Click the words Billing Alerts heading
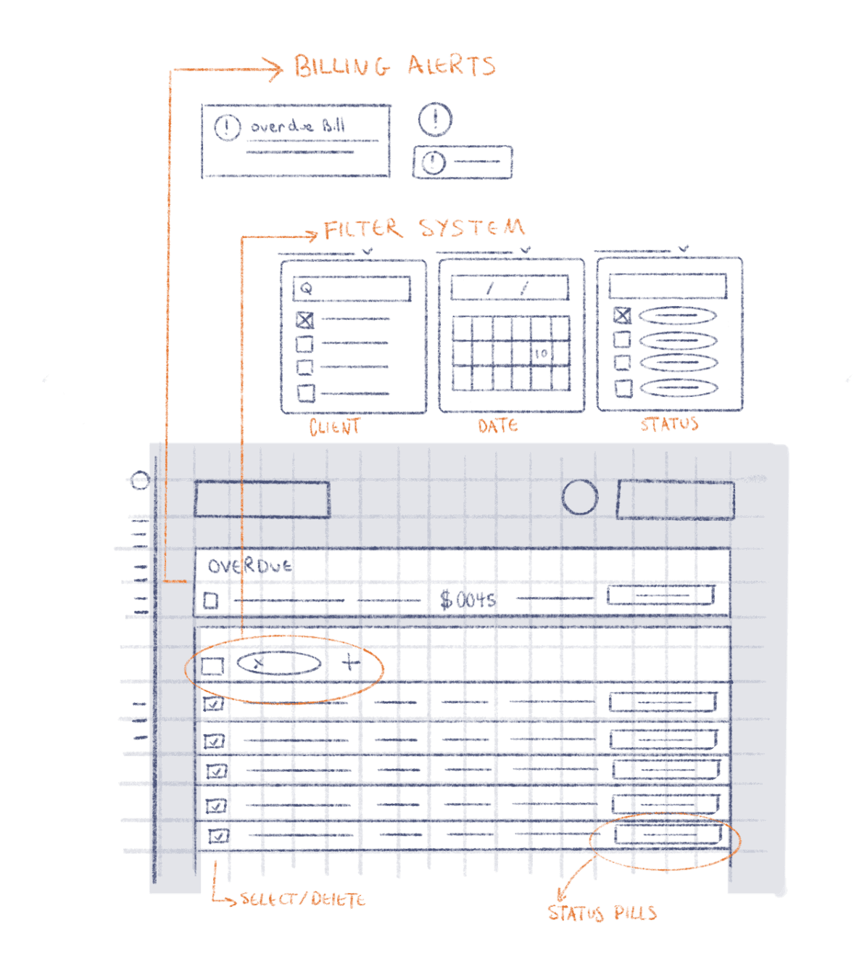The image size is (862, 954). coord(394,65)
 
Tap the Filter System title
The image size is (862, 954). coord(424,229)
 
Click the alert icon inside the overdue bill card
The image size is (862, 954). coord(227,127)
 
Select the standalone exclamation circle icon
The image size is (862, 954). coord(434,119)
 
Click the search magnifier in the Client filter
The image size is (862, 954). coord(306,288)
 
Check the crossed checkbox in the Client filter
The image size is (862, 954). coord(304,320)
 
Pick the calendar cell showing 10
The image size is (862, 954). coord(541,354)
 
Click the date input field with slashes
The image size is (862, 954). coord(509,287)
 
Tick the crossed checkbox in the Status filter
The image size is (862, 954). coord(622,316)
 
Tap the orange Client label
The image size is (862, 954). coord(334,427)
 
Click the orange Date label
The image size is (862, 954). coord(498,426)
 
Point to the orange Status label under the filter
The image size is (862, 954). coord(669,424)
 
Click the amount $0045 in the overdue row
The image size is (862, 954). coord(468,600)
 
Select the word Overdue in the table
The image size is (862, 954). coord(249,566)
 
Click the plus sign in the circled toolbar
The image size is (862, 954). coord(351,662)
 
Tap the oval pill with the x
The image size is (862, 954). coord(279,663)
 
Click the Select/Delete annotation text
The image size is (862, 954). coord(303,900)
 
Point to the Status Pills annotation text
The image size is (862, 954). coord(602,913)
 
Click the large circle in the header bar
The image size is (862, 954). coord(579,497)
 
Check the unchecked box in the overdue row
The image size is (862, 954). coord(211,601)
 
